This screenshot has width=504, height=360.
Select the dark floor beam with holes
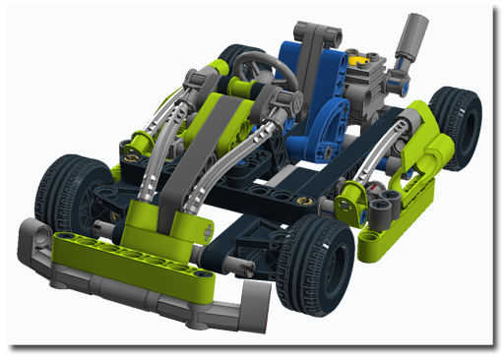coord(295,187)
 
